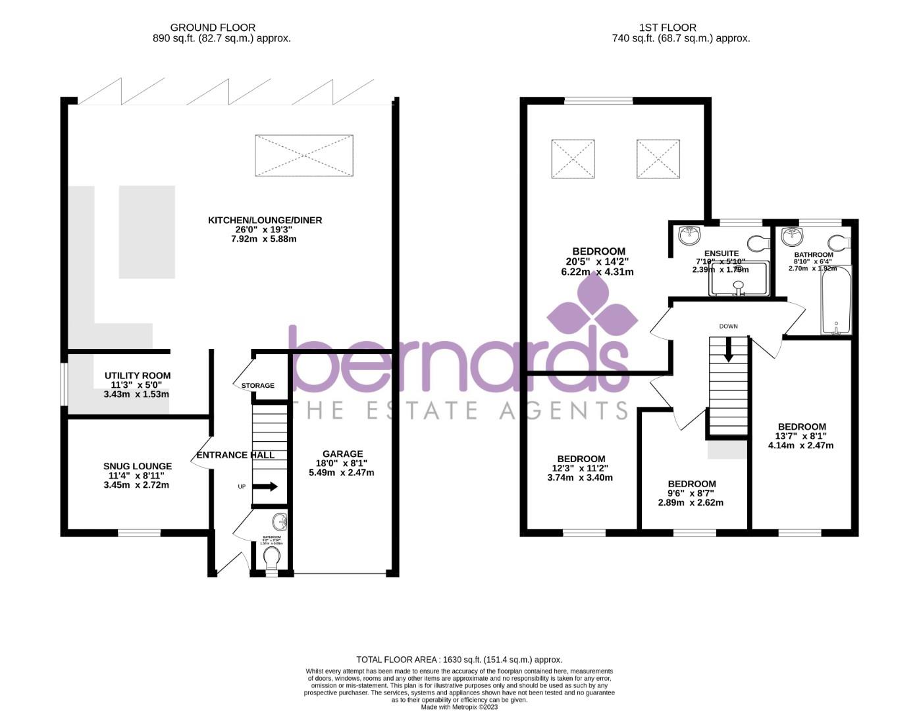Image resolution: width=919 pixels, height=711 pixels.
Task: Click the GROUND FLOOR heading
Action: point(212,28)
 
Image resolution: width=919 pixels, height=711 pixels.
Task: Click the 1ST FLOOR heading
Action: point(668,28)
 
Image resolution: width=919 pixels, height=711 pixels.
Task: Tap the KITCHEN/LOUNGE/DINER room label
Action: point(265,220)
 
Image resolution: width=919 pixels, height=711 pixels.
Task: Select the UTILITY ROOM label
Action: point(138,376)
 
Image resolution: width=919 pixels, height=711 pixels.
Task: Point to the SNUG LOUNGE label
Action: point(138,466)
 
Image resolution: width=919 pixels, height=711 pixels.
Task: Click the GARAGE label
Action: point(342,454)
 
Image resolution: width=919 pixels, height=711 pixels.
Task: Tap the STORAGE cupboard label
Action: point(257,386)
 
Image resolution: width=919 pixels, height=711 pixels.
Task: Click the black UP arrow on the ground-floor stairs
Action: point(265,487)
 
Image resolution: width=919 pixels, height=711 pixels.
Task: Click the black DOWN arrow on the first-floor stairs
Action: point(728,350)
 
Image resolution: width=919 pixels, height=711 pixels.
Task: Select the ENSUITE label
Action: point(722,253)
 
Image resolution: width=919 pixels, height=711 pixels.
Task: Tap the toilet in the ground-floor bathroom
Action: point(271,558)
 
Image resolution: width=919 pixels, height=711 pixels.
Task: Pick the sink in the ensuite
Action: point(690,234)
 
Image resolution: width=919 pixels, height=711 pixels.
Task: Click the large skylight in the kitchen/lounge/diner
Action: point(303,155)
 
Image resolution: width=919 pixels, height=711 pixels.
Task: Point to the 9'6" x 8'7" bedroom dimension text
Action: point(691,493)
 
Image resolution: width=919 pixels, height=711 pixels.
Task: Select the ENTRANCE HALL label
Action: point(236,455)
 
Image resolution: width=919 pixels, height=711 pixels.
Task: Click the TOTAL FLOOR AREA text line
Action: point(459,659)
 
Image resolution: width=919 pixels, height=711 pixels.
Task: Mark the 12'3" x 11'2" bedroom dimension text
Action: point(580,468)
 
